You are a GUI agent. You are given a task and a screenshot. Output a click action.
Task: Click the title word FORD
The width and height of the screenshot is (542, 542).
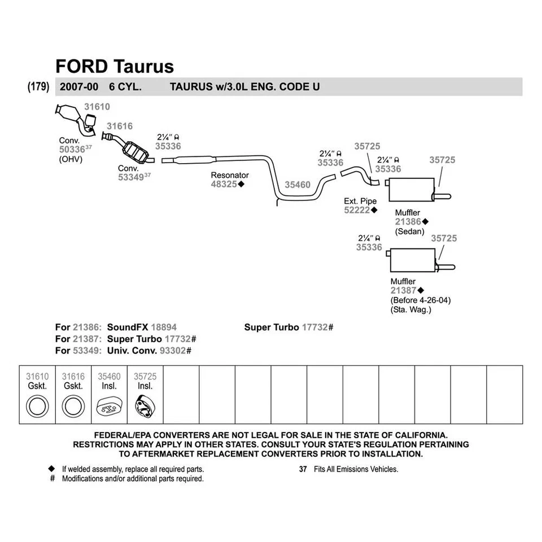[x=82, y=66]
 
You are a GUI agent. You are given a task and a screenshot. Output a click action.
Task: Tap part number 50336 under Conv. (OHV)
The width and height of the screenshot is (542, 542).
[x=72, y=150]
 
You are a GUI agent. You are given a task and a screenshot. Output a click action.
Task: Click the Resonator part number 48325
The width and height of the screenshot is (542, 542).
[x=224, y=184]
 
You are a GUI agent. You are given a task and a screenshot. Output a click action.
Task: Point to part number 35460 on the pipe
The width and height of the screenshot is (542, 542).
[x=297, y=185]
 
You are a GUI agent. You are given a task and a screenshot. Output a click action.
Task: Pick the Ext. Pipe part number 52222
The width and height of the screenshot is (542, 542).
[x=357, y=210]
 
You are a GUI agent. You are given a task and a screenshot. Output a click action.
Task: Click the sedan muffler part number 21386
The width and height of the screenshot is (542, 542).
[x=408, y=222]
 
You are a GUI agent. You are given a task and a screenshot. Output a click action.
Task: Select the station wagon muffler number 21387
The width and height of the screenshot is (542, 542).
[x=403, y=290]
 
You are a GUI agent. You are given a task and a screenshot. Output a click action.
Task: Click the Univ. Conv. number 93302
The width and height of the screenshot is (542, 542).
[x=175, y=351]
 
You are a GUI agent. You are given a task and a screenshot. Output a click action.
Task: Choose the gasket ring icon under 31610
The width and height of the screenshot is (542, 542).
[x=38, y=406]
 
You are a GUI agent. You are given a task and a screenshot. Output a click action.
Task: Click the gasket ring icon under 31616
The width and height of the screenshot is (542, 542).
[x=73, y=406]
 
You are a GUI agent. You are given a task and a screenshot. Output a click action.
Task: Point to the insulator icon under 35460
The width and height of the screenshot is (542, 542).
[x=109, y=406]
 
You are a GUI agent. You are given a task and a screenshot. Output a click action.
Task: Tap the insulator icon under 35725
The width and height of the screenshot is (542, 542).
[x=145, y=406]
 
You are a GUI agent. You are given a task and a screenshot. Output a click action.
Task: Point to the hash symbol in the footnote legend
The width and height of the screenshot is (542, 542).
[x=53, y=478]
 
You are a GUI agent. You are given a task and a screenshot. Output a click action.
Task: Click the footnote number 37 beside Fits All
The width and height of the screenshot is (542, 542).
[x=303, y=469]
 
